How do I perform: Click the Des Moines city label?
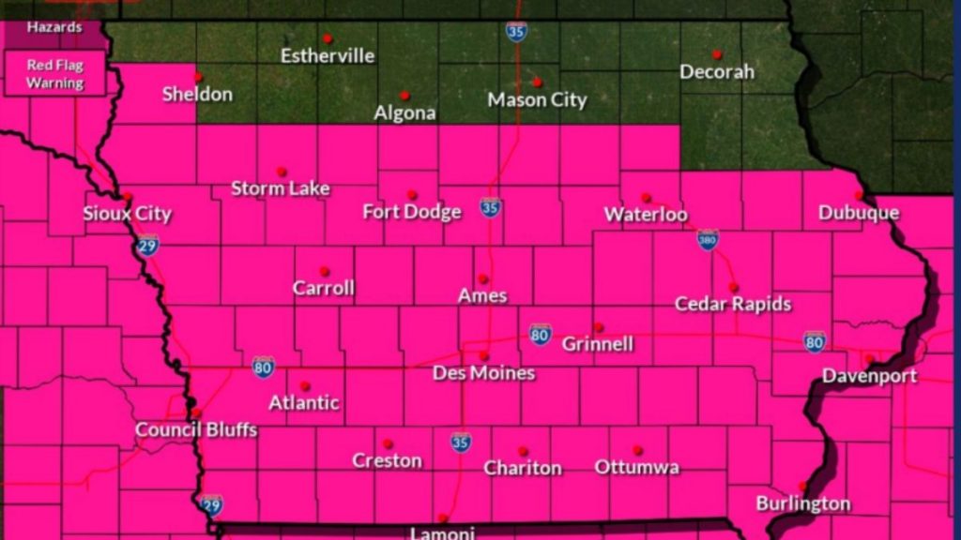483,373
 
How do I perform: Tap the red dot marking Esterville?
328,38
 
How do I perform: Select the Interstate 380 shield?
708,240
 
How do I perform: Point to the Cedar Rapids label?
733,304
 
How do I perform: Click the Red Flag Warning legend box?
54,74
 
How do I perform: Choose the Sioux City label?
127,214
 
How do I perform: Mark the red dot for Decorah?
716,54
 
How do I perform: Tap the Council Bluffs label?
196,430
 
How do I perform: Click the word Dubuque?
859,213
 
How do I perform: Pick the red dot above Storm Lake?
281,172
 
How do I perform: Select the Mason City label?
537,99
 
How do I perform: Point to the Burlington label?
803,503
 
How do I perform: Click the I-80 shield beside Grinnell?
540,334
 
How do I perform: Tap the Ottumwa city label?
637,467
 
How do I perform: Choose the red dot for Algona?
404,95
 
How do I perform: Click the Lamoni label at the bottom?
442,532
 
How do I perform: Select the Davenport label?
869,376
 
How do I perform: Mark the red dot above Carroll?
324,271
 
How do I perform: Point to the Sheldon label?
197,94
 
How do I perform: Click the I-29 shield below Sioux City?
146,246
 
